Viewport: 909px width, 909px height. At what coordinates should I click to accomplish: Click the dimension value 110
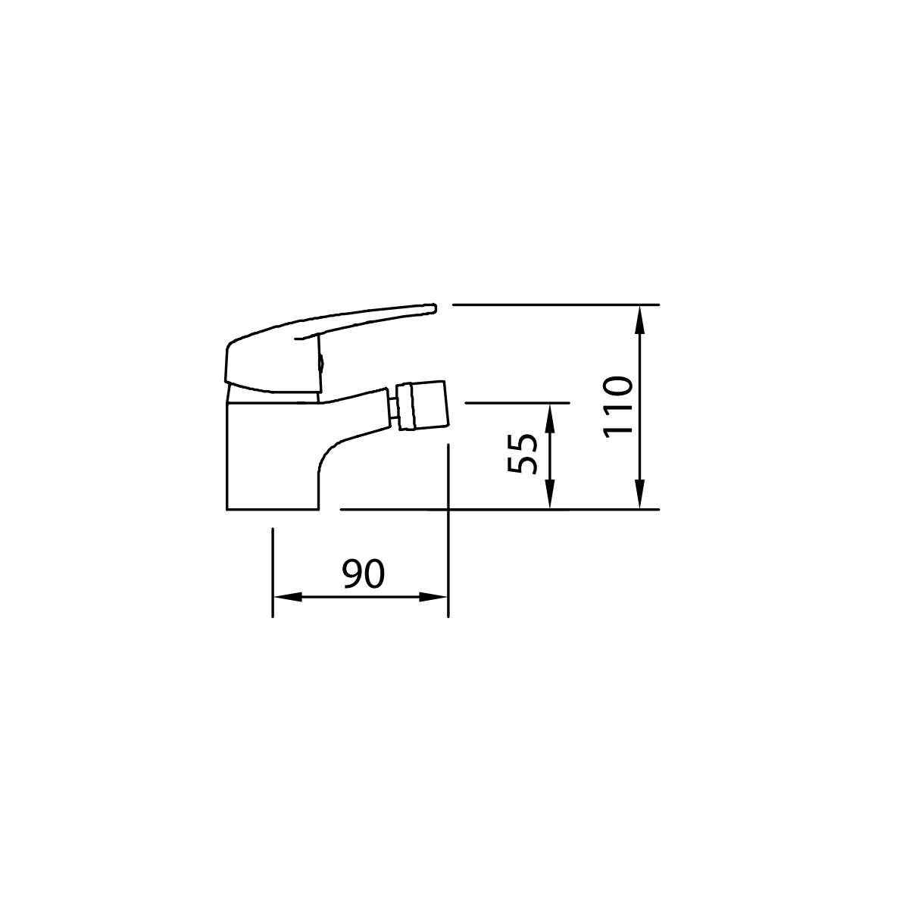(x=618, y=407)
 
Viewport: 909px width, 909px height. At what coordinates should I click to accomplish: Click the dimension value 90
(x=364, y=573)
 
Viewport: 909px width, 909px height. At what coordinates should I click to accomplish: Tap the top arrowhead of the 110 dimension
(x=639, y=320)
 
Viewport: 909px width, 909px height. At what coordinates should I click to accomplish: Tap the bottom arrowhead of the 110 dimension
(x=639, y=494)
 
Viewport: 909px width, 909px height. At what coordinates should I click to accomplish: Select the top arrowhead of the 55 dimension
(x=549, y=418)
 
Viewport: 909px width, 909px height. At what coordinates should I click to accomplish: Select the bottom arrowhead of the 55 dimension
(x=549, y=495)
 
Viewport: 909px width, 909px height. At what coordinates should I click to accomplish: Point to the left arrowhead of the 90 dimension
(x=288, y=597)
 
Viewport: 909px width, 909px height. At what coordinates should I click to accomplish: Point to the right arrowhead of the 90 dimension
(x=433, y=597)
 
